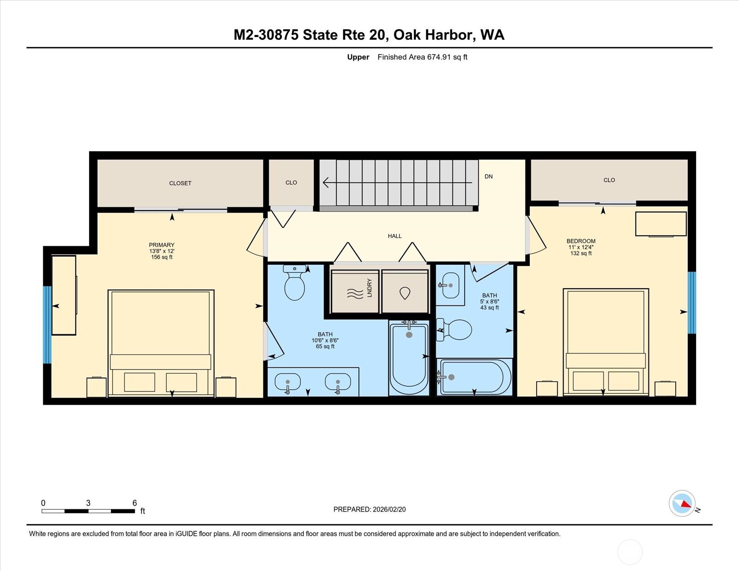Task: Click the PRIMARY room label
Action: (162, 245)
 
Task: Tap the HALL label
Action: (394, 236)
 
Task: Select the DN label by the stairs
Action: (488, 176)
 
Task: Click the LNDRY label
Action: (369, 287)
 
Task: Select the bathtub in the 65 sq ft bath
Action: (409, 358)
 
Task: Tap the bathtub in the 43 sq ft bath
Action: (475, 377)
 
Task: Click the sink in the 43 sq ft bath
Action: (450, 285)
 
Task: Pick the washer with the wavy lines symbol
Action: (355, 292)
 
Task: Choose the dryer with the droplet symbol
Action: (405, 292)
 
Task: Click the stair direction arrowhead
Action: (326, 182)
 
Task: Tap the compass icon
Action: (682, 503)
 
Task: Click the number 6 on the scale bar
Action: (134, 503)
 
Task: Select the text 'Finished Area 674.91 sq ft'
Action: (422, 57)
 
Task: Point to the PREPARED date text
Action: (369, 510)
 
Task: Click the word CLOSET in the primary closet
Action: (180, 183)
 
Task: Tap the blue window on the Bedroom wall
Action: (691, 303)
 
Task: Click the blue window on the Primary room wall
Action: (47, 325)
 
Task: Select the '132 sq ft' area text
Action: (581, 253)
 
